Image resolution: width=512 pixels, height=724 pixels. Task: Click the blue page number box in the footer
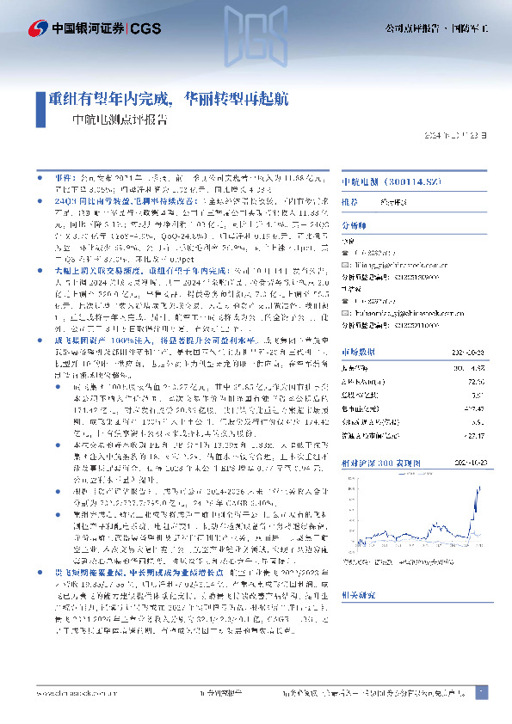482,692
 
